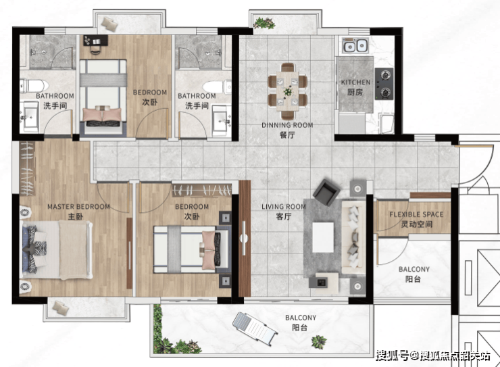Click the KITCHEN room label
click(x=355, y=82)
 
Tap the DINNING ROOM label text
click(x=287, y=125)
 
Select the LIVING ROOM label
click(x=284, y=207)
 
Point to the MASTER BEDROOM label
click(x=78, y=207)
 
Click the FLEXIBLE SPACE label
click(x=416, y=214)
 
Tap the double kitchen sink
click(x=355, y=45)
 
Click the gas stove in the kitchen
click(x=384, y=84)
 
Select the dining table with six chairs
click(x=288, y=91)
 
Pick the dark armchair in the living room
click(x=326, y=193)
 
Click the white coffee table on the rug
click(x=323, y=237)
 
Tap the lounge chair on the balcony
click(x=255, y=327)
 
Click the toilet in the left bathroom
click(x=34, y=86)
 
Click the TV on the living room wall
click(x=245, y=238)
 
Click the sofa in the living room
click(x=353, y=237)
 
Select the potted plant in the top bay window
click(x=265, y=22)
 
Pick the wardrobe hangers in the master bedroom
click(x=28, y=168)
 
